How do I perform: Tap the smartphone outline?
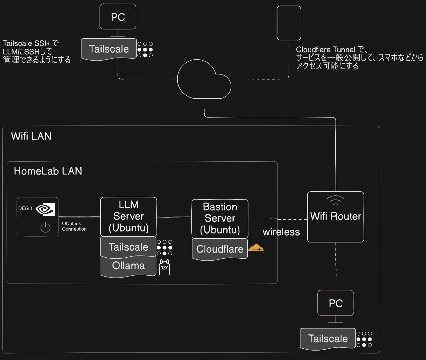[x=289, y=23]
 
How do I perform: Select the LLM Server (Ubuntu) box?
[x=129, y=217]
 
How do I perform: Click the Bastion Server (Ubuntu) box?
[x=220, y=219]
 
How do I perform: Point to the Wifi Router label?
[x=336, y=217]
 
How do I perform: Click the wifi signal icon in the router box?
[x=335, y=201]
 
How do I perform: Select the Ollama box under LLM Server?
[x=128, y=266]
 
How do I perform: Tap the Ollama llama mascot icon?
[x=165, y=267]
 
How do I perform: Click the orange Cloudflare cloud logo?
[x=256, y=248]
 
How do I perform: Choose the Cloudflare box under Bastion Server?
[x=220, y=249]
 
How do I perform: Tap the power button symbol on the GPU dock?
[x=45, y=227]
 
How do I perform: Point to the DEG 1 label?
[x=25, y=209]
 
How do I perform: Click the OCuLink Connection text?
[x=74, y=226]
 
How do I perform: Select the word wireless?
[x=281, y=232]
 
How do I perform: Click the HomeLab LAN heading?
[x=48, y=171]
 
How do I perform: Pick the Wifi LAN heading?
[x=31, y=136]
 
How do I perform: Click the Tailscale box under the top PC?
[x=109, y=49]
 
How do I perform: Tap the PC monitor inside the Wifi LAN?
[x=336, y=303]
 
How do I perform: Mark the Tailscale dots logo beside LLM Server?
[x=164, y=248]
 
